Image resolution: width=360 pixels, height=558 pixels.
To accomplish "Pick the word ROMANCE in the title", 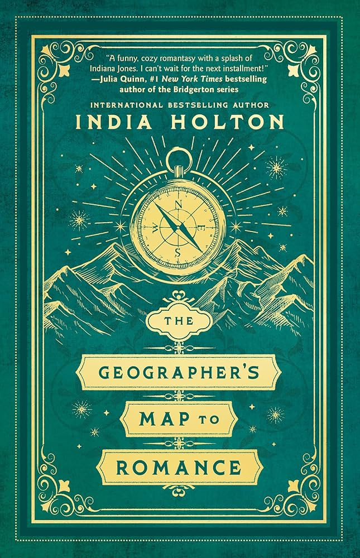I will pos(180,465).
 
